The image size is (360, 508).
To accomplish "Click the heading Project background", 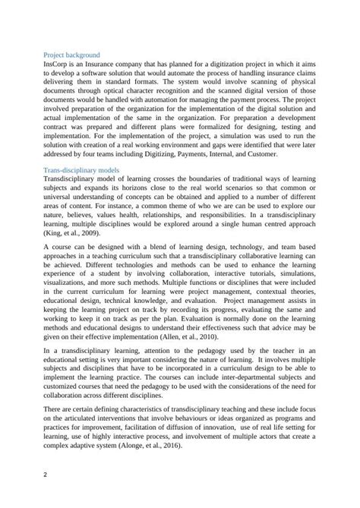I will [x=71, y=55].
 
